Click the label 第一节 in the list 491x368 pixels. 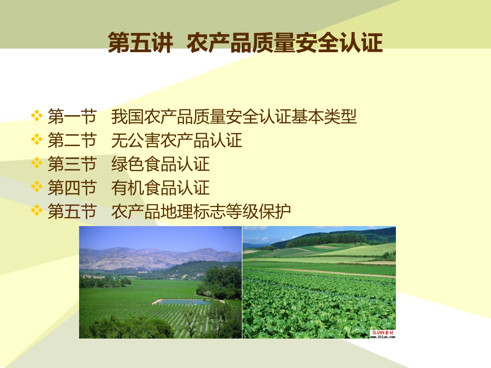pyautogui.click(x=72, y=117)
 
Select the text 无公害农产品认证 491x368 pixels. pyautogui.click(x=176, y=140)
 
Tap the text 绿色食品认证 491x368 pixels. pyautogui.click(x=160, y=164)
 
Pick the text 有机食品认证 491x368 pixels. pyautogui.click(x=160, y=188)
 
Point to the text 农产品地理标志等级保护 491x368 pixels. pyautogui.click(x=201, y=212)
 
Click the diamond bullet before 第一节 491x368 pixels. pyautogui.click(x=37, y=116)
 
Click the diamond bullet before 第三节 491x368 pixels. pyautogui.click(x=37, y=164)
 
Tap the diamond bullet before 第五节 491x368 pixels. pyautogui.click(x=37, y=211)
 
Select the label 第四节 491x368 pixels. pyautogui.click(x=72, y=188)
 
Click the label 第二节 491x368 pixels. pyautogui.click(x=72, y=140)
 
